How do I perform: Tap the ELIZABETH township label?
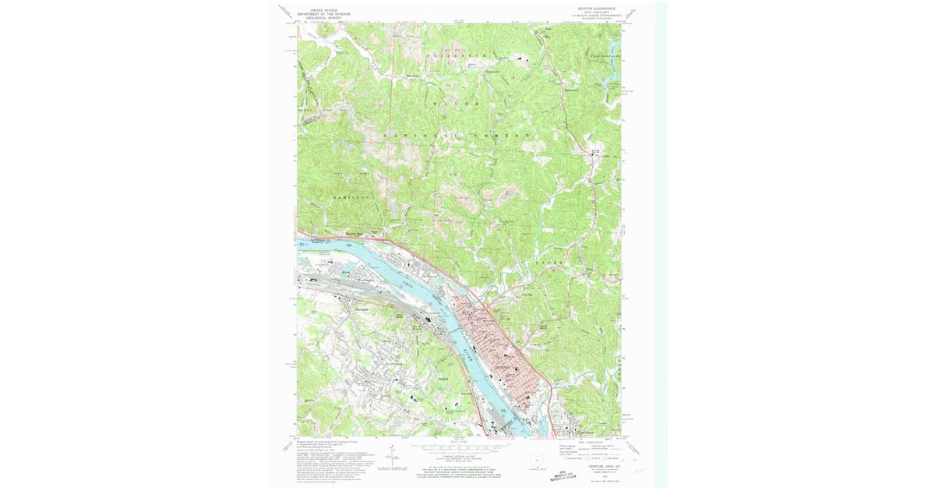pos(460,55)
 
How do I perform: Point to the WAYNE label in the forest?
pos(459,103)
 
